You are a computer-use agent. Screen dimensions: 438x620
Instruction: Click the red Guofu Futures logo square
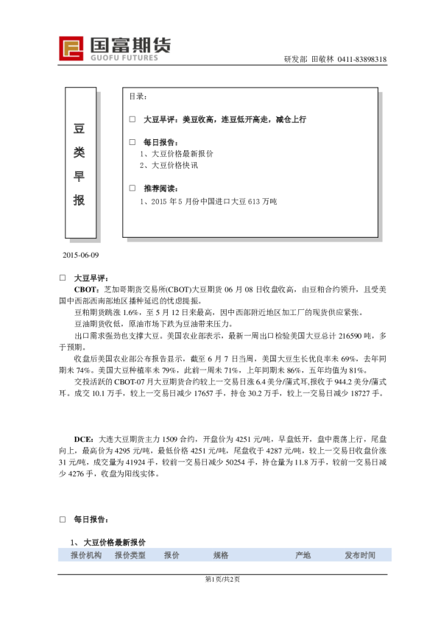(x=72, y=49)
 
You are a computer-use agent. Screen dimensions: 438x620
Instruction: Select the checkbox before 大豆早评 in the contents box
(x=133, y=119)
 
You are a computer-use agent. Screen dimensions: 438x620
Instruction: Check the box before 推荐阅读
(x=133, y=189)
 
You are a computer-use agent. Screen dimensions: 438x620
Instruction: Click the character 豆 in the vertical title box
(x=80, y=129)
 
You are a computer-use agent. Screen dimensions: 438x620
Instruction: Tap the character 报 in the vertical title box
(x=80, y=201)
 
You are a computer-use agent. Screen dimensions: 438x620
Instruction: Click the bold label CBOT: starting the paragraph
(x=87, y=290)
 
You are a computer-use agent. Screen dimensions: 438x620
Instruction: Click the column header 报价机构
(x=86, y=555)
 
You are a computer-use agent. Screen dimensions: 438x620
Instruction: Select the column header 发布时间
(x=360, y=555)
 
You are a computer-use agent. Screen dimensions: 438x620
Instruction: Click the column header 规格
(x=221, y=555)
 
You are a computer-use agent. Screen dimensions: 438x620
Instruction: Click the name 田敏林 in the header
(x=323, y=60)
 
